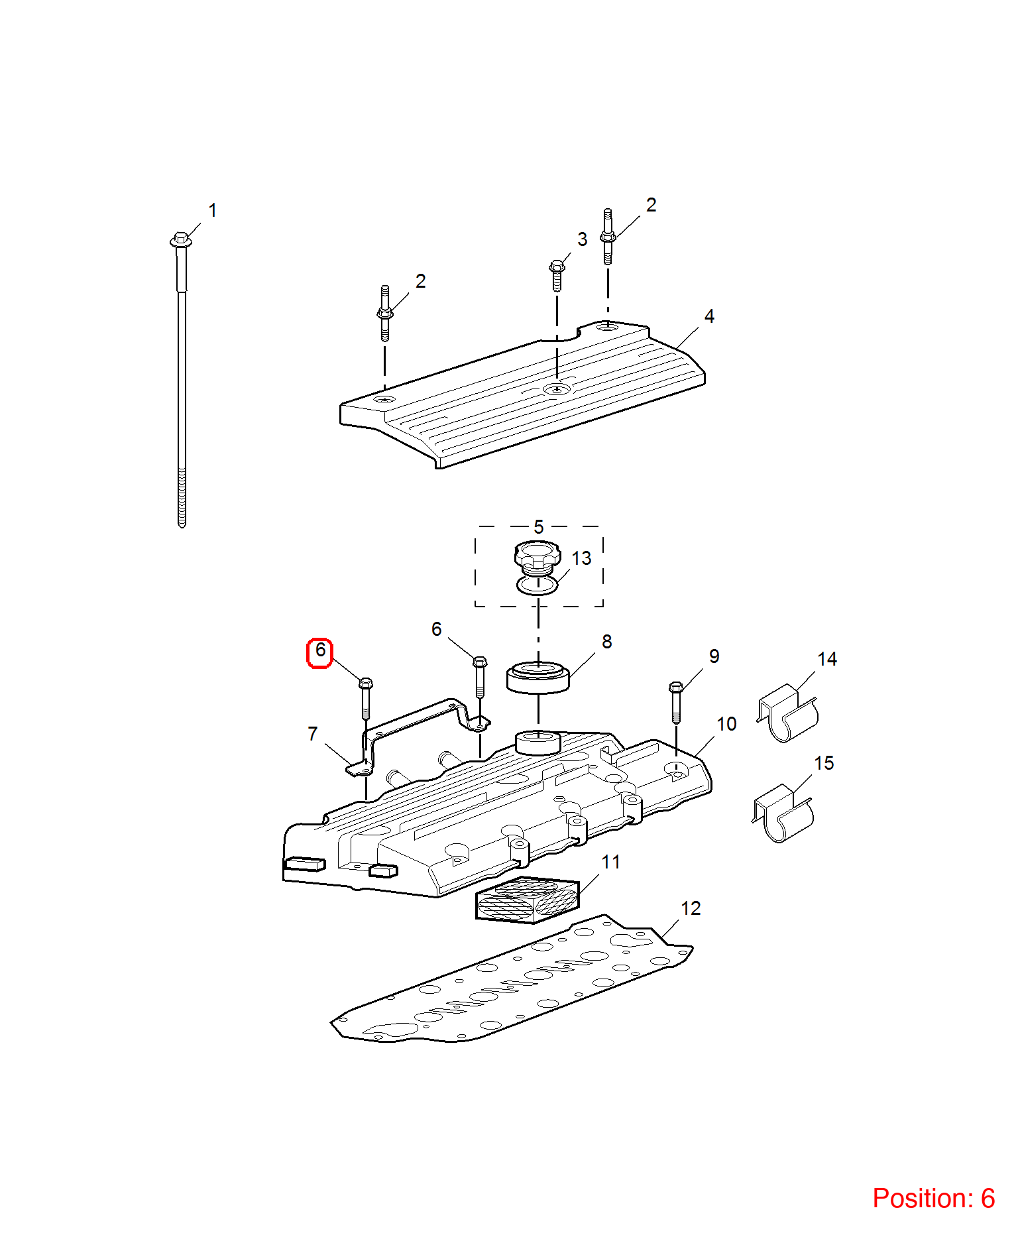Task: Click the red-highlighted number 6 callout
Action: pos(319,652)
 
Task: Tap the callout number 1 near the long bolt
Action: pos(213,210)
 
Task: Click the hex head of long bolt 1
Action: pos(181,239)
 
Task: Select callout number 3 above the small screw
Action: pos(582,239)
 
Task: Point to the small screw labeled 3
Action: pos(557,276)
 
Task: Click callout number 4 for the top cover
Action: pos(709,316)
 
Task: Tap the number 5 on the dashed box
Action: pos(539,527)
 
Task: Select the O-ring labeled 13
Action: pos(537,586)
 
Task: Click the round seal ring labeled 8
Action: pos(538,678)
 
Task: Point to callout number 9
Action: pos(714,656)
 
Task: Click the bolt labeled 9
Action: pos(676,702)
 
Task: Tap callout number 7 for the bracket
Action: pos(313,734)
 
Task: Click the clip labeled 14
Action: pos(788,713)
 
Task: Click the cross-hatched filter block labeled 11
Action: pos(528,900)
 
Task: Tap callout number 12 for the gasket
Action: pos(691,908)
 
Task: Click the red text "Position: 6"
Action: pos(934,1198)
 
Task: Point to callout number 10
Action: pos(726,724)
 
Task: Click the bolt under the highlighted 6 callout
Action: pos(365,698)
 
